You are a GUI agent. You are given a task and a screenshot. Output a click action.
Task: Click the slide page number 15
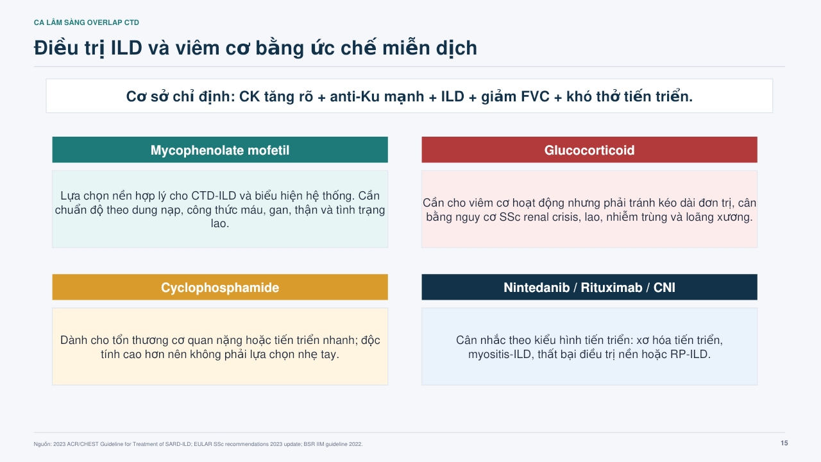pos(784,443)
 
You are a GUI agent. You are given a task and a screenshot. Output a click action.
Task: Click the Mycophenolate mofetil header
pos(220,150)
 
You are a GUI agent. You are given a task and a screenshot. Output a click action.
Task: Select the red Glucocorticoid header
pos(589,150)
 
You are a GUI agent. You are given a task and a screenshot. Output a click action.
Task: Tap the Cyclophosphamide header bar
pos(220,287)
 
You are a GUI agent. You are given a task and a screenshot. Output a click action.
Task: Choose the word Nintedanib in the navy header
pos(537,287)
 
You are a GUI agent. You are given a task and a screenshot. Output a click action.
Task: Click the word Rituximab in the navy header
pos(611,287)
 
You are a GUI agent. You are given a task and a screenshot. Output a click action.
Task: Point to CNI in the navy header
pos(664,287)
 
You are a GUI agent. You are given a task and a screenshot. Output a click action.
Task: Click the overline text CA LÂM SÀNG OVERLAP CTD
pos(87,22)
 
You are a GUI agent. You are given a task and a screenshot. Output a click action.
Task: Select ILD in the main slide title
pos(126,48)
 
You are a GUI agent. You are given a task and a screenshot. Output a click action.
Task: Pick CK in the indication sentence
pos(248,96)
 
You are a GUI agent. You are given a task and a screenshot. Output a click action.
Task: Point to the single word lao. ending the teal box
pos(220,223)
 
